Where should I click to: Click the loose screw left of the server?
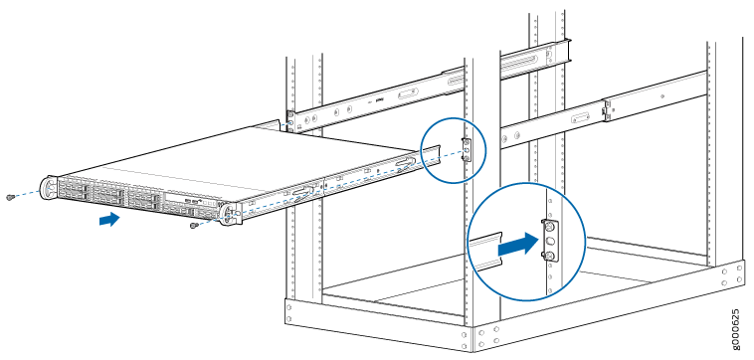pos(9,197)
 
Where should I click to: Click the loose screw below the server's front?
pos(194,225)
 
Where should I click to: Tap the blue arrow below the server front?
pos(109,219)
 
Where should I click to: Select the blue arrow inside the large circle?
pos(517,244)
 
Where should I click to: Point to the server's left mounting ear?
pos(48,187)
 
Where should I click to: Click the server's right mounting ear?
pos(231,214)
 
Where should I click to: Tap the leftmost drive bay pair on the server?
pos(73,187)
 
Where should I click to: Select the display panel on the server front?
pos(182,199)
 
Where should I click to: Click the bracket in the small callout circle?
pos(466,150)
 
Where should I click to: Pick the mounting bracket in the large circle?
pos(550,241)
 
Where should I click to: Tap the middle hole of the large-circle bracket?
pos(550,241)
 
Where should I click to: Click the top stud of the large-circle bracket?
pos(549,226)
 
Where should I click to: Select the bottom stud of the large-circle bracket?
pos(549,256)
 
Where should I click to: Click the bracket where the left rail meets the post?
pos(290,118)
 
